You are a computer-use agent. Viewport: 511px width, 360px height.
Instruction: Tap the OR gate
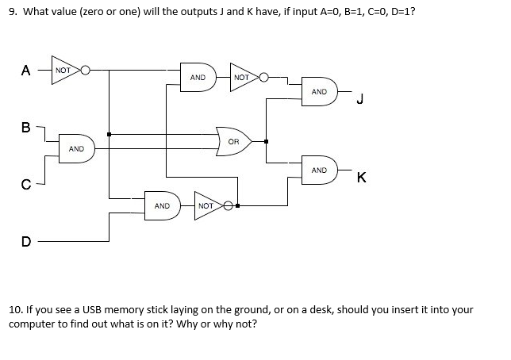[233, 141]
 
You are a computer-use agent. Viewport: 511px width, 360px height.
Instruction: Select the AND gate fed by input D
[163, 205]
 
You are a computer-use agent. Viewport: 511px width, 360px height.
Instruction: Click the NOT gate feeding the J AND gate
[243, 78]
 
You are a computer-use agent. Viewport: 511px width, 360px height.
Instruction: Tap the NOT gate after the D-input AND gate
[207, 205]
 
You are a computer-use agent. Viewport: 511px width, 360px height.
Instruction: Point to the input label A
[26, 70]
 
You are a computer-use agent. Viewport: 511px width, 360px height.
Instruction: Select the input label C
[25, 186]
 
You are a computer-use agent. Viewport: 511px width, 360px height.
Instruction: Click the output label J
[360, 99]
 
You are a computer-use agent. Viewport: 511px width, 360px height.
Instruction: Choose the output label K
[361, 178]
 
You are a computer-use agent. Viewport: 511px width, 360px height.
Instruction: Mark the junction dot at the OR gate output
[266, 142]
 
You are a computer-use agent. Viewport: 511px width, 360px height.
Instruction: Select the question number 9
[11, 13]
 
